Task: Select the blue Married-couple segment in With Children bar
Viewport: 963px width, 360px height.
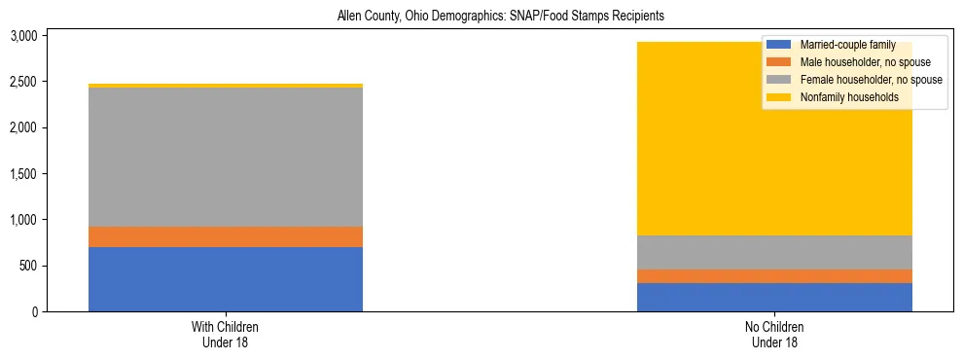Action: tap(226, 279)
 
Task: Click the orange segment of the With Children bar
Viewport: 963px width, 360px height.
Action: tap(226, 236)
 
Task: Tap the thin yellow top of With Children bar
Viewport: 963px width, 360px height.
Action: tap(226, 86)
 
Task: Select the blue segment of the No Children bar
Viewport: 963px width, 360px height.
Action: tap(774, 297)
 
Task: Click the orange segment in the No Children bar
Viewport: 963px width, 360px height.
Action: tap(774, 276)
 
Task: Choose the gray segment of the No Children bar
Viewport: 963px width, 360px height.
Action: tap(774, 252)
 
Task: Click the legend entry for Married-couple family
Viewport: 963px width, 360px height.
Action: tap(854, 45)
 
